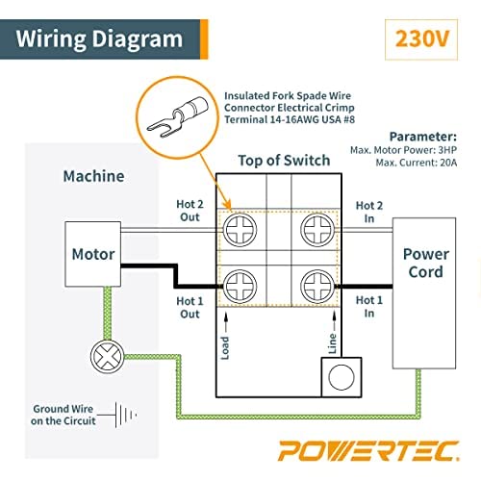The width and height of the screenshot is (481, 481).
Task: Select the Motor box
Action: coord(94,255)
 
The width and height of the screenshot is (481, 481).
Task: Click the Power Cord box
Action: coord(425,264)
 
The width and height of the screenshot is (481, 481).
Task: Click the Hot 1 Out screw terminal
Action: coord(240,285)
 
